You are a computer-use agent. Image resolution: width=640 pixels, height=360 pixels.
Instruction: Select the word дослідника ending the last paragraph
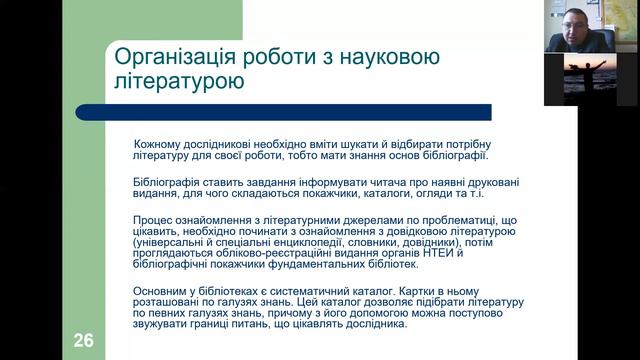[x=377, y=325]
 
